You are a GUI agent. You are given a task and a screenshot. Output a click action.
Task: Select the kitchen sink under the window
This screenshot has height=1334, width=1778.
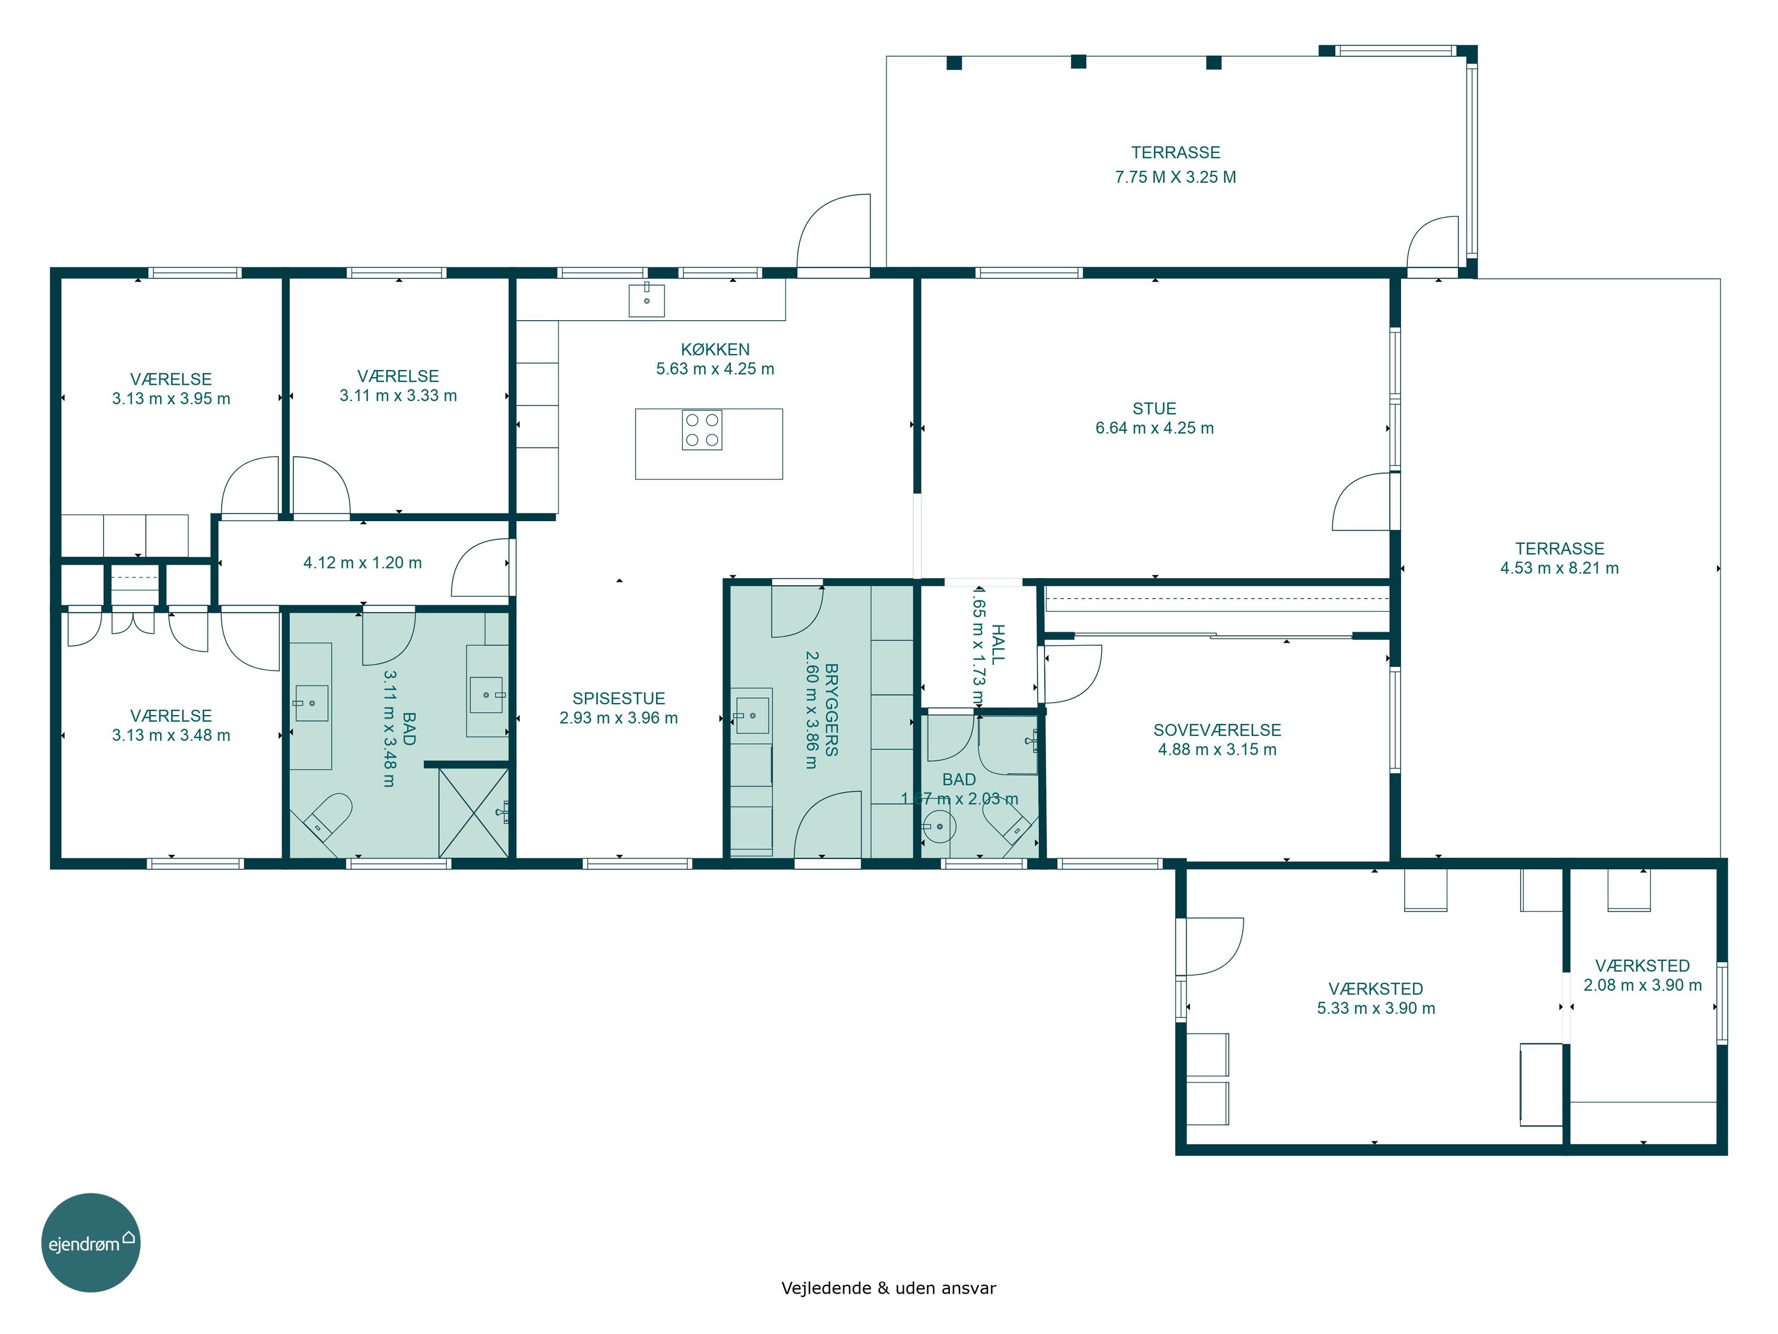point(646,299)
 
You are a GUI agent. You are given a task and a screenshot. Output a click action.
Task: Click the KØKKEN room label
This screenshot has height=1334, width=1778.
point(715,350)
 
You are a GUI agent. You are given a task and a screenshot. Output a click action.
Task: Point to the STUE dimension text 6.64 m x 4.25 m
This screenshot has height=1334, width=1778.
point(1155,428)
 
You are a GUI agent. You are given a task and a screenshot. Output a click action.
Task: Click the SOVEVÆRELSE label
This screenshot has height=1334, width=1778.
point(1217,730)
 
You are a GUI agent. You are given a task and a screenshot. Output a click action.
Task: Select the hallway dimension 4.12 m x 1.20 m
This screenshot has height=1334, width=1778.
point(363,563)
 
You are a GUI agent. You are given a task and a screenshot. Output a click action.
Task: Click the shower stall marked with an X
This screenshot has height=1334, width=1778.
point(474,812)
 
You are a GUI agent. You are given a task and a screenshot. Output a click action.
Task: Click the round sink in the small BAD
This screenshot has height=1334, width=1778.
point(939,826)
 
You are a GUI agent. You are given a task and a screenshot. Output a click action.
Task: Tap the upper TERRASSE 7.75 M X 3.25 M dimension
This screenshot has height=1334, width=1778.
point(1175,177)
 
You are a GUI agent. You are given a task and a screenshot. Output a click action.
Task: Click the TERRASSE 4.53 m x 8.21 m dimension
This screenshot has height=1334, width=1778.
point(1559,568)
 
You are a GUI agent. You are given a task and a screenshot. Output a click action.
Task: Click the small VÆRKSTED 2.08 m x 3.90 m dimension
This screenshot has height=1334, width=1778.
point(1642,985)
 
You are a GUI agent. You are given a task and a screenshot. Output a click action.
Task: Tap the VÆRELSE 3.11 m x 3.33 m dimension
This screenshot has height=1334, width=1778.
point(398,395)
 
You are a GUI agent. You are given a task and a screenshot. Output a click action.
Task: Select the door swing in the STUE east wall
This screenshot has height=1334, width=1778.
point(1361,502)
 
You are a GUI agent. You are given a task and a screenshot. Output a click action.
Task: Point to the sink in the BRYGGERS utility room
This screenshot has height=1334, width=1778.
point(752,716)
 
